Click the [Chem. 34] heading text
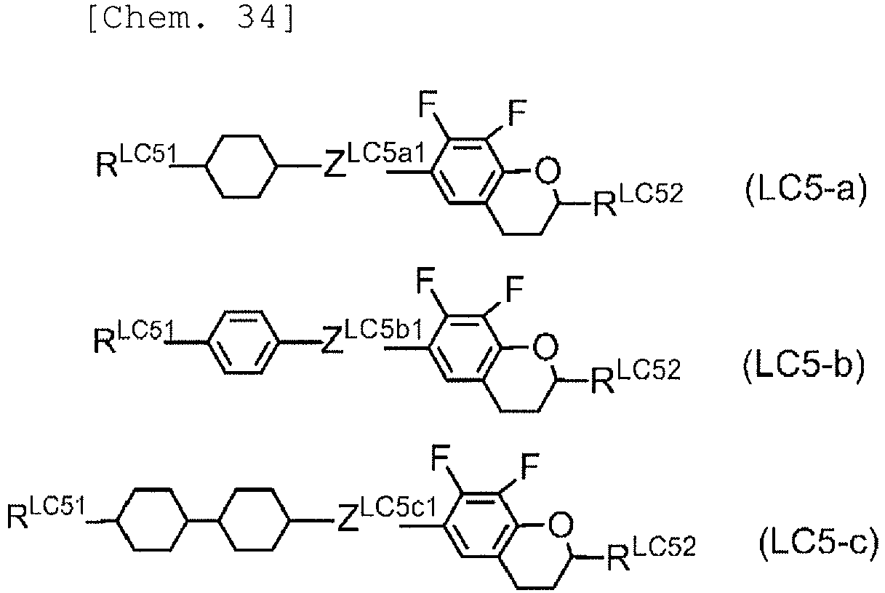191,19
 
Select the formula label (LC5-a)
806,189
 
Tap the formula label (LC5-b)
804,366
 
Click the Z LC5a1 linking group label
374,160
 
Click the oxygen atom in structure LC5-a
548,170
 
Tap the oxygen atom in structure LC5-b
545,347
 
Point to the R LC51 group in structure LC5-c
46,513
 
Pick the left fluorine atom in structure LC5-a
428,103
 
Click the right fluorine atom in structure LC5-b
514,289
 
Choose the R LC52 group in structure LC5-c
651,553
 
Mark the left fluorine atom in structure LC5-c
441,458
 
